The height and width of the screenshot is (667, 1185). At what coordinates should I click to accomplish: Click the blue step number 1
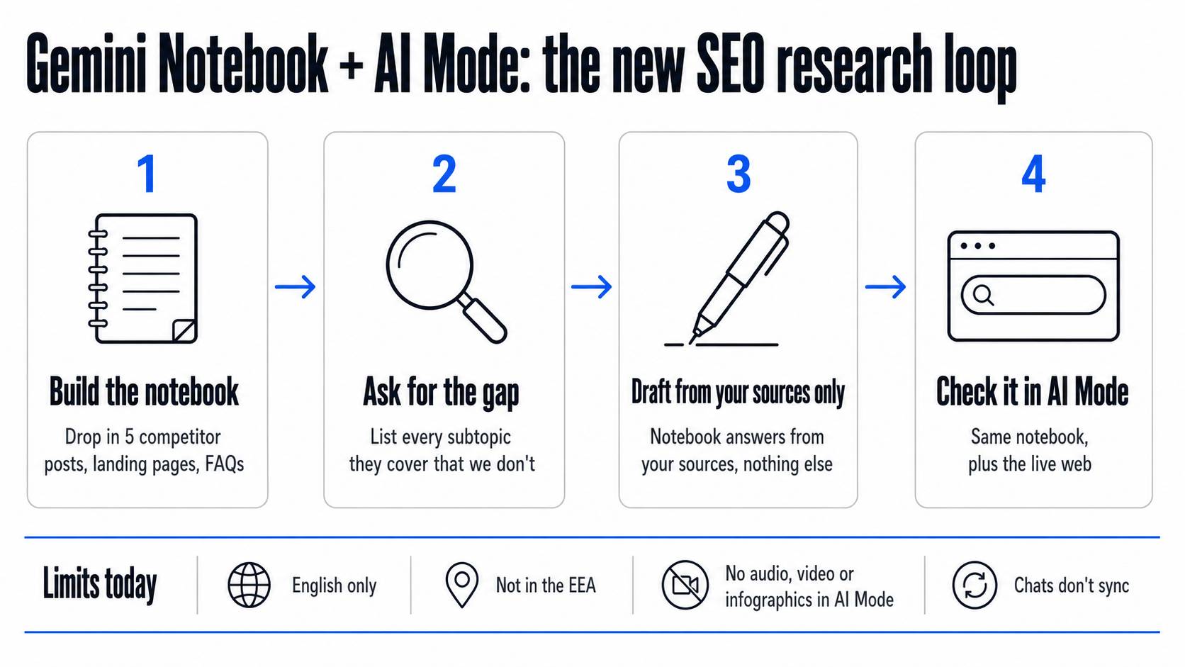click(147, 174)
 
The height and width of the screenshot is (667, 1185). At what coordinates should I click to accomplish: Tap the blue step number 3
click(738, 174)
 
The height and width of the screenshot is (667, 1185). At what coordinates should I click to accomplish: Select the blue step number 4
click(1033, 174)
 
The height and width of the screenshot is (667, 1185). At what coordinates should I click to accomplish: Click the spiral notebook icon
click(143, 279)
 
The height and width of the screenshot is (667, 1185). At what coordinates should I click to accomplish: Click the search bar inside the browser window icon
click(1033, 295)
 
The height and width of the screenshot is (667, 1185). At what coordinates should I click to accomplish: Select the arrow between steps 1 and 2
click(296, 286)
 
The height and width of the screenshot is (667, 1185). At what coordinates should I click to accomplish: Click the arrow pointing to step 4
click(886, 286)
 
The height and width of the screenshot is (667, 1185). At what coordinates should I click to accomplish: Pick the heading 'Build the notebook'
click(144, 392)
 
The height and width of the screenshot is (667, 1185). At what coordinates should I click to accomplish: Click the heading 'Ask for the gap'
click(441, 393)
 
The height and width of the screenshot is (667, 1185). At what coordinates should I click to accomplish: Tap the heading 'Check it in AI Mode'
click(1032, 392)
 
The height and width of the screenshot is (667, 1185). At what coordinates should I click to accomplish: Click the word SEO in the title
click(730, 64)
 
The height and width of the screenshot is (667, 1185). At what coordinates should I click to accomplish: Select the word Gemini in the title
click(86, 64)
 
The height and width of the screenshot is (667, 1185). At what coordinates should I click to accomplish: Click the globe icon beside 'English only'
click(249, 585)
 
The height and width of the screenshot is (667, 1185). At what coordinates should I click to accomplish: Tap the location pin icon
click(462, 584)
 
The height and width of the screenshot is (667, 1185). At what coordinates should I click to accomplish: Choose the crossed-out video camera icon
click(685, 585)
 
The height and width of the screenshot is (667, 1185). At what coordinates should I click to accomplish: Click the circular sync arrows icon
click(975, 585)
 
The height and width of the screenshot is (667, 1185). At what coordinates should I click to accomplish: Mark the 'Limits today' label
click(99, 585)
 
